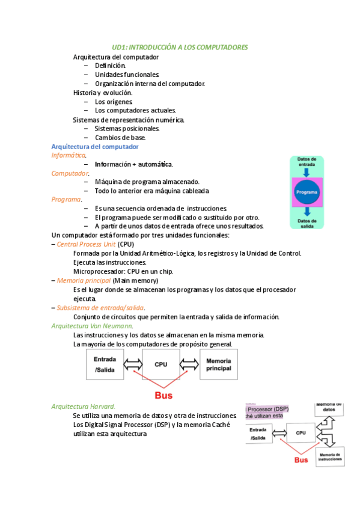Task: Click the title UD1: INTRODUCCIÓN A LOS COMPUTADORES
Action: click(x=180, y=47)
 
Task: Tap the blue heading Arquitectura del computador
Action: click(x=95, y=147)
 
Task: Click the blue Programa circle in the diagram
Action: click(x=306, y=192)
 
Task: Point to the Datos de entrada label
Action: click(x=306, y=162)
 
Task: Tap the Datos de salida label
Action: click(x=306, y=223)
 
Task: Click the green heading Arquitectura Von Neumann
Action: click(x=92, y=325)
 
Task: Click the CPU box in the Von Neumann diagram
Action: click(x=161, y=364)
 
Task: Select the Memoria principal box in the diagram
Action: click(x=218, y=364)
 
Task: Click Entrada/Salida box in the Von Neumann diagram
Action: click(x=105, y=364)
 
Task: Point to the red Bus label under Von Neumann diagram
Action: click(x=163, y=396)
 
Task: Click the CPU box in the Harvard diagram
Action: click(x=301, y=432)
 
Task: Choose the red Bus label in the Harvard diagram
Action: click(x=301, y=460)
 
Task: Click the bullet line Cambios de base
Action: click(x=120, y=138)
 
